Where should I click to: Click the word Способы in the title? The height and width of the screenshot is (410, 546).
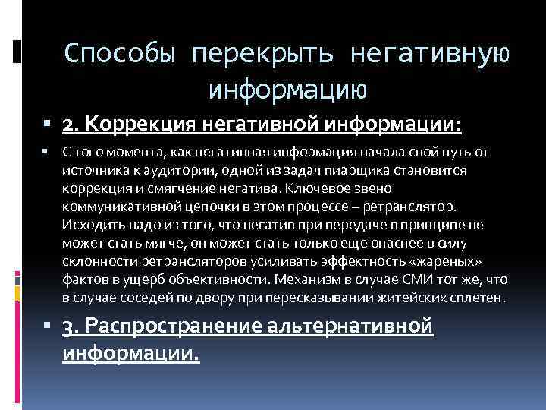coord(120,53)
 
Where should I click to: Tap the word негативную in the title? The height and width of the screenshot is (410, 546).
coord(429,53)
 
